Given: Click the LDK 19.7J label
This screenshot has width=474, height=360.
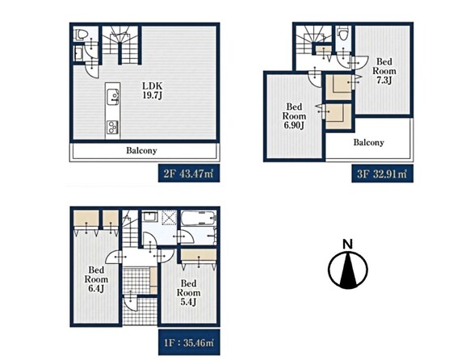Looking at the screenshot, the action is click(x=153, y=90).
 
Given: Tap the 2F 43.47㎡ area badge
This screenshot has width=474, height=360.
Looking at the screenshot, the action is click(x=189, y=174).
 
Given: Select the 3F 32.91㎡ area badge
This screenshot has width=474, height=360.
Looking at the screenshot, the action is click(x=382, y=174).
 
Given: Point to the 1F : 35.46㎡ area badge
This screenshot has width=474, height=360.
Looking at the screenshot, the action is click(x=189, y=342).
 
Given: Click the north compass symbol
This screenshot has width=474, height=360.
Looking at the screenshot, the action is click(x=348, y=270).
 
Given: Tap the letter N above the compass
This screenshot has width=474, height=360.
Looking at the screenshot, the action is click(x=348, y=244).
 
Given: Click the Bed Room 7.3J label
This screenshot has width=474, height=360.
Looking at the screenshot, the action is click(x=384, y=71).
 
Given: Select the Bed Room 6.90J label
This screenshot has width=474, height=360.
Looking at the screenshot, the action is click(x=294, y=116).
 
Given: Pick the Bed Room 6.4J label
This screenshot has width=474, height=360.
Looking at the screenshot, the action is click(x=96, y=279).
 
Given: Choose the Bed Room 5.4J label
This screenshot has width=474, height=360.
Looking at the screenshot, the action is click(x=188, y=292).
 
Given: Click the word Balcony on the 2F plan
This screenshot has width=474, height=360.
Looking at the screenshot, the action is click(x=141, y=150).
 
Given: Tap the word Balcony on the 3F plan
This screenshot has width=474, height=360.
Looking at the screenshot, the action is click(x=369, y=142).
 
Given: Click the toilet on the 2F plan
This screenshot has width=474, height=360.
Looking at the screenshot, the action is click(x=80, y=35).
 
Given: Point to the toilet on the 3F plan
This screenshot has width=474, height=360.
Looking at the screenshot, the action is click(x=343, y=33).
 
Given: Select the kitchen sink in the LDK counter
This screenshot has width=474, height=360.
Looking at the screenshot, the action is click(x=113, y=97).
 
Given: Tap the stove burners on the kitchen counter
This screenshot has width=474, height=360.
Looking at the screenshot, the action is click(x=113, y=128).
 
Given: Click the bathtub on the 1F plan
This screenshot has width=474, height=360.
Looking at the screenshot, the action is click(x=199, y=218).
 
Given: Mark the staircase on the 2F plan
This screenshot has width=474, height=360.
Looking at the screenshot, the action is click(x=120, y=44).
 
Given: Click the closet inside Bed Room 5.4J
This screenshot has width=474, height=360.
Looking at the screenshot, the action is click(x=199, y=255).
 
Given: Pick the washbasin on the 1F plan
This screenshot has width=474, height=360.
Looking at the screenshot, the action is click(x=149, y=217).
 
